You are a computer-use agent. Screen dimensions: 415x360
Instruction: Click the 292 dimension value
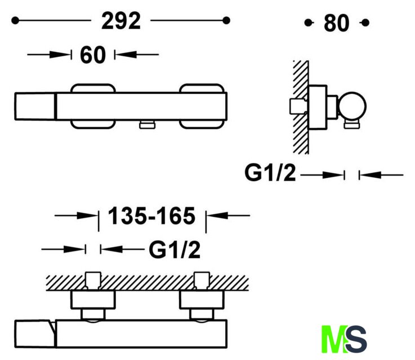(x=121, y=21)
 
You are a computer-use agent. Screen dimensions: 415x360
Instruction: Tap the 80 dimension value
(x=336, y=23)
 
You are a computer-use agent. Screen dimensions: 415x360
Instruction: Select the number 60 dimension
(x=93, y=55)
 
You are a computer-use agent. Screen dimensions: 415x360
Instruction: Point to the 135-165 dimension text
(x=151, y=216)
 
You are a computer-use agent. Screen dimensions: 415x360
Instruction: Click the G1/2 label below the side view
(x=270, y=173)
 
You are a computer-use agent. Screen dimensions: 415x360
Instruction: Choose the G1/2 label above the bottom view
(x=175, y=250)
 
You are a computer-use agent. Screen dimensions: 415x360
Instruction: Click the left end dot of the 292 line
(x=15, y=20)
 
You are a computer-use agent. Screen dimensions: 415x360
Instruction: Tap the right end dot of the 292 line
(x=226, y=20)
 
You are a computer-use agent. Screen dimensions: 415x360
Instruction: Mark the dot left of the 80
(x=308, y=22)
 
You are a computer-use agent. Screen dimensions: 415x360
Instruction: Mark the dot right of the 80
(x=365, y=22)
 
